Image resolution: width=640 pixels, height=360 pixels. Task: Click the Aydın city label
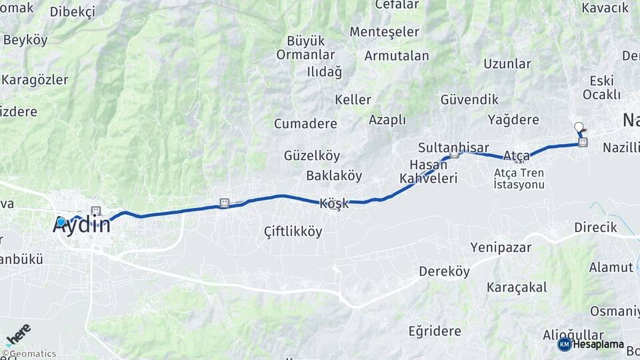coord(81,225)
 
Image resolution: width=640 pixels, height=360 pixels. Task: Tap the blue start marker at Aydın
coord(61,222)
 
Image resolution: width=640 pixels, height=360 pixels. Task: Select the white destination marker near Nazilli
coord(579,126)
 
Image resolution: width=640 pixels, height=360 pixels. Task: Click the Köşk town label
coord(334,204)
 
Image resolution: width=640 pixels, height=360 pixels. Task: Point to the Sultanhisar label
coord(453,147)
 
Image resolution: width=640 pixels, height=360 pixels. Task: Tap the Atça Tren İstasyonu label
coord(519,179)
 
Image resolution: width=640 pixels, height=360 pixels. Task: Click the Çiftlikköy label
coord(293,232)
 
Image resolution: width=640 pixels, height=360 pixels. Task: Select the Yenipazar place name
coord(501,247)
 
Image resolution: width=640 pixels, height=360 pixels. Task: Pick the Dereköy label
coord(444,271)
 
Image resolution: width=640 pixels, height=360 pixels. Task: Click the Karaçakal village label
coord(517,287)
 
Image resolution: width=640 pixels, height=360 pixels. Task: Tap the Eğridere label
coord(435,331)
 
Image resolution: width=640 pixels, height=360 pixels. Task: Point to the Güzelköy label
coord(312,155)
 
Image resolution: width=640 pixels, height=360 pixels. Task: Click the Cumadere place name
coord(305,123)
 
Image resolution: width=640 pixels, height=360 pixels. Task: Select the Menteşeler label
coord(385,31)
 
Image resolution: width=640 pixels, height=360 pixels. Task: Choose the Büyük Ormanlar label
coord(305,47)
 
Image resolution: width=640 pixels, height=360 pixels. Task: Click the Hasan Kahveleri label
coord(427,171)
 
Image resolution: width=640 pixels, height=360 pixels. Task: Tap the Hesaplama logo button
coord(591,345)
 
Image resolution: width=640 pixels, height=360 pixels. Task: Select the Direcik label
coord(595,227)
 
